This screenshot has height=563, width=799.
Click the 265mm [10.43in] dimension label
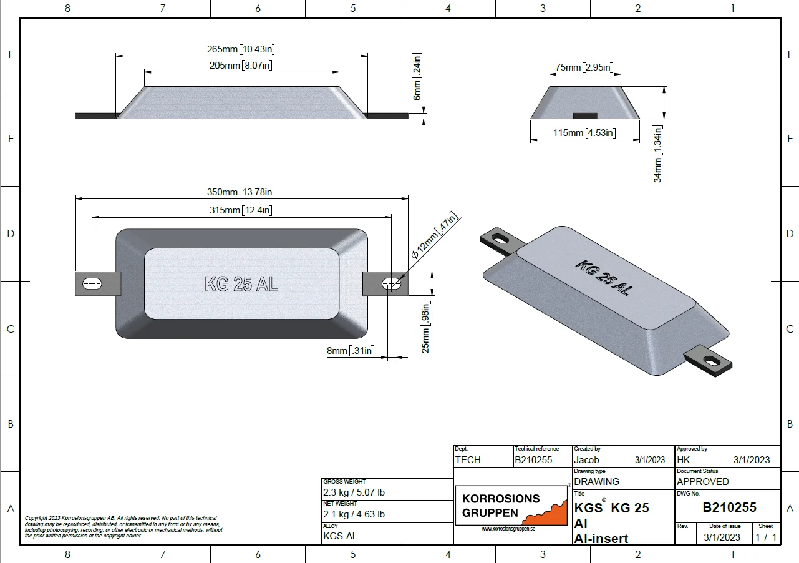coord(241,49)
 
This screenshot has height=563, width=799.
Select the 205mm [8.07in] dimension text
coord(241,66)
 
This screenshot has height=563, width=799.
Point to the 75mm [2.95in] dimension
coord(584,67)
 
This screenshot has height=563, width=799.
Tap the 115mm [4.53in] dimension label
coord(584,133)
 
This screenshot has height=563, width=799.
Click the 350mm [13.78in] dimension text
coord(241,192)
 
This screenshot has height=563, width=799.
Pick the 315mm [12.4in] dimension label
coord(241,210)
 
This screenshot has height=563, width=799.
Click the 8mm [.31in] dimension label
coord(351,351)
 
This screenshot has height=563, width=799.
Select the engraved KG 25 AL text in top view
coord(241,284)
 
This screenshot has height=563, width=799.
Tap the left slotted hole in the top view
coord(92,284)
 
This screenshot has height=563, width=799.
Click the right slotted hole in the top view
coord(391,284)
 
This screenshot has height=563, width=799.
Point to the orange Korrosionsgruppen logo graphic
coord(546,513)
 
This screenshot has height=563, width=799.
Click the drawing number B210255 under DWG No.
coord(729,507)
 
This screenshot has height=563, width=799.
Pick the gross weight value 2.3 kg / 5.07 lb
coord(354,492)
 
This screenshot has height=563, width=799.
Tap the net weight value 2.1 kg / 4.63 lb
coord(354,514)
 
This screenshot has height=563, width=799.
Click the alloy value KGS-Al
coord(339,536)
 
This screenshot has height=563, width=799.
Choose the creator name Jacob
coord(586,460)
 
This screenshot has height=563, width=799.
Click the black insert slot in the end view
coord(585,115)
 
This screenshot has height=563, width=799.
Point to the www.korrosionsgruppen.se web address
coord(508,529)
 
